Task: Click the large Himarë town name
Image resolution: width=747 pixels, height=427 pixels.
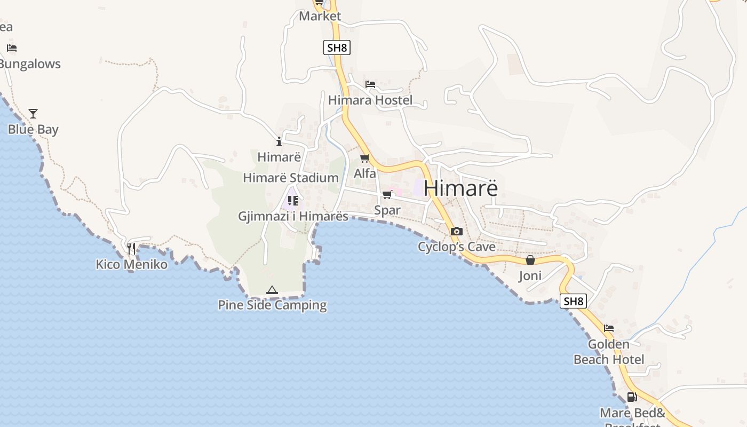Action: tap(461, 188)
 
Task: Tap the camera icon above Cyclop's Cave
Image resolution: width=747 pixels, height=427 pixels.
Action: tap(456, 231)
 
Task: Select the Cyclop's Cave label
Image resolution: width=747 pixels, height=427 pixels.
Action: tap(456, 247)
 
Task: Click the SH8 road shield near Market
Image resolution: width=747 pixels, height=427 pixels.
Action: tap(337, 48)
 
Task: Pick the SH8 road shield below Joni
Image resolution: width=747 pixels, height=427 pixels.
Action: tap(573, 301)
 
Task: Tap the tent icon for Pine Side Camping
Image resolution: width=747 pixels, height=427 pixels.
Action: tap(272, 290)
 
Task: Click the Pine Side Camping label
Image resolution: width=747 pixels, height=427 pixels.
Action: tap(272, 305)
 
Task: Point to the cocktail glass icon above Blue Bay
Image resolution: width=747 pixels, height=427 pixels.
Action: tap(33, 114)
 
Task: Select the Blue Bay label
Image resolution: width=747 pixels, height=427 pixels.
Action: tap(33, 130)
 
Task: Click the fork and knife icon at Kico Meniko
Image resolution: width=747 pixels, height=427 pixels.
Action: tap(131, 248)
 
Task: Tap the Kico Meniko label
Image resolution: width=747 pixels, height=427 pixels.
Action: tap(131, 264)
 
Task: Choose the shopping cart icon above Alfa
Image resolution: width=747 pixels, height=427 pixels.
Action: tap(365, 158)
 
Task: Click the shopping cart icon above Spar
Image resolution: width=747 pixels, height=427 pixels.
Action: tap(387, 195)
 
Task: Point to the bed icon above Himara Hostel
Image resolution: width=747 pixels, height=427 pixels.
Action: tap(370, 84)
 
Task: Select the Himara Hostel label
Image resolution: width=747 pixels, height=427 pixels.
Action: tap(370, 100)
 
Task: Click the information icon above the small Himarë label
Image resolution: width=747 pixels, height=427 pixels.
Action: tap(279, 141)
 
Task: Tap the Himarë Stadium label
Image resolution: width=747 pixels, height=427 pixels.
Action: tap(291, 178)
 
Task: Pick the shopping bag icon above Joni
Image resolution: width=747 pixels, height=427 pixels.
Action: tap(530, 260)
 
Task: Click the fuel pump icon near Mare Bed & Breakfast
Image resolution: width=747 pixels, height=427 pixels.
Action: tap(632, 397)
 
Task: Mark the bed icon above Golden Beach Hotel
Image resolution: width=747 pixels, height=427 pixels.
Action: tap(609, 328)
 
